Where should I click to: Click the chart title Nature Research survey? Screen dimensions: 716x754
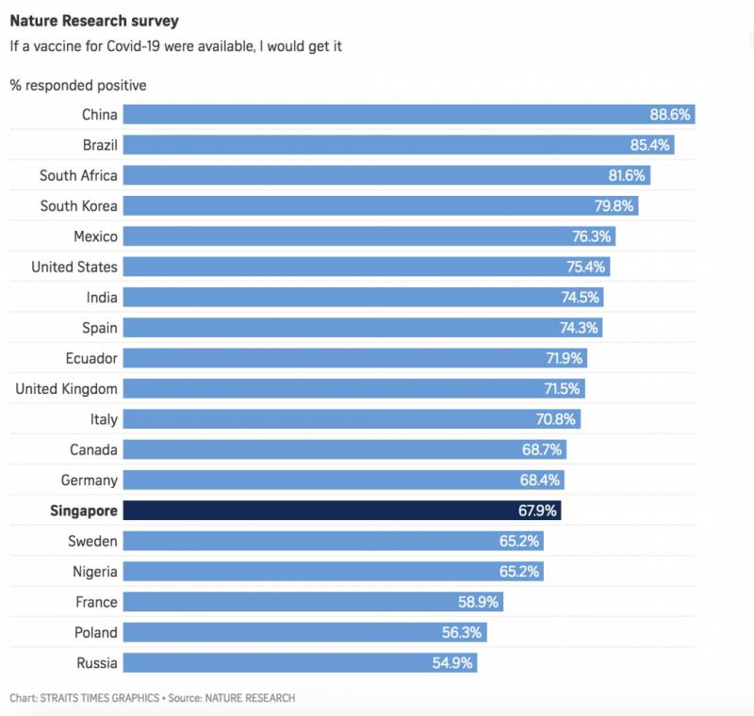point(94,20)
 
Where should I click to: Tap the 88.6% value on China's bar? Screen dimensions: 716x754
point(671,114)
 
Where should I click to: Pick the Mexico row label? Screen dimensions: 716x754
point(95,236)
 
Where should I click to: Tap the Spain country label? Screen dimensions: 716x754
point(100,328)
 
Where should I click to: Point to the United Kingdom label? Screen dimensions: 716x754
point(67,388)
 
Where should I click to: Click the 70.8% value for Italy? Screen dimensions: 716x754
point(556,419)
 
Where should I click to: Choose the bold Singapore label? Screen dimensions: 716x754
point(83,511)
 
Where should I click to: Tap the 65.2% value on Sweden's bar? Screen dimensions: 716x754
point(520,541)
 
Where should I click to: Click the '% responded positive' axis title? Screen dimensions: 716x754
point(78,86)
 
